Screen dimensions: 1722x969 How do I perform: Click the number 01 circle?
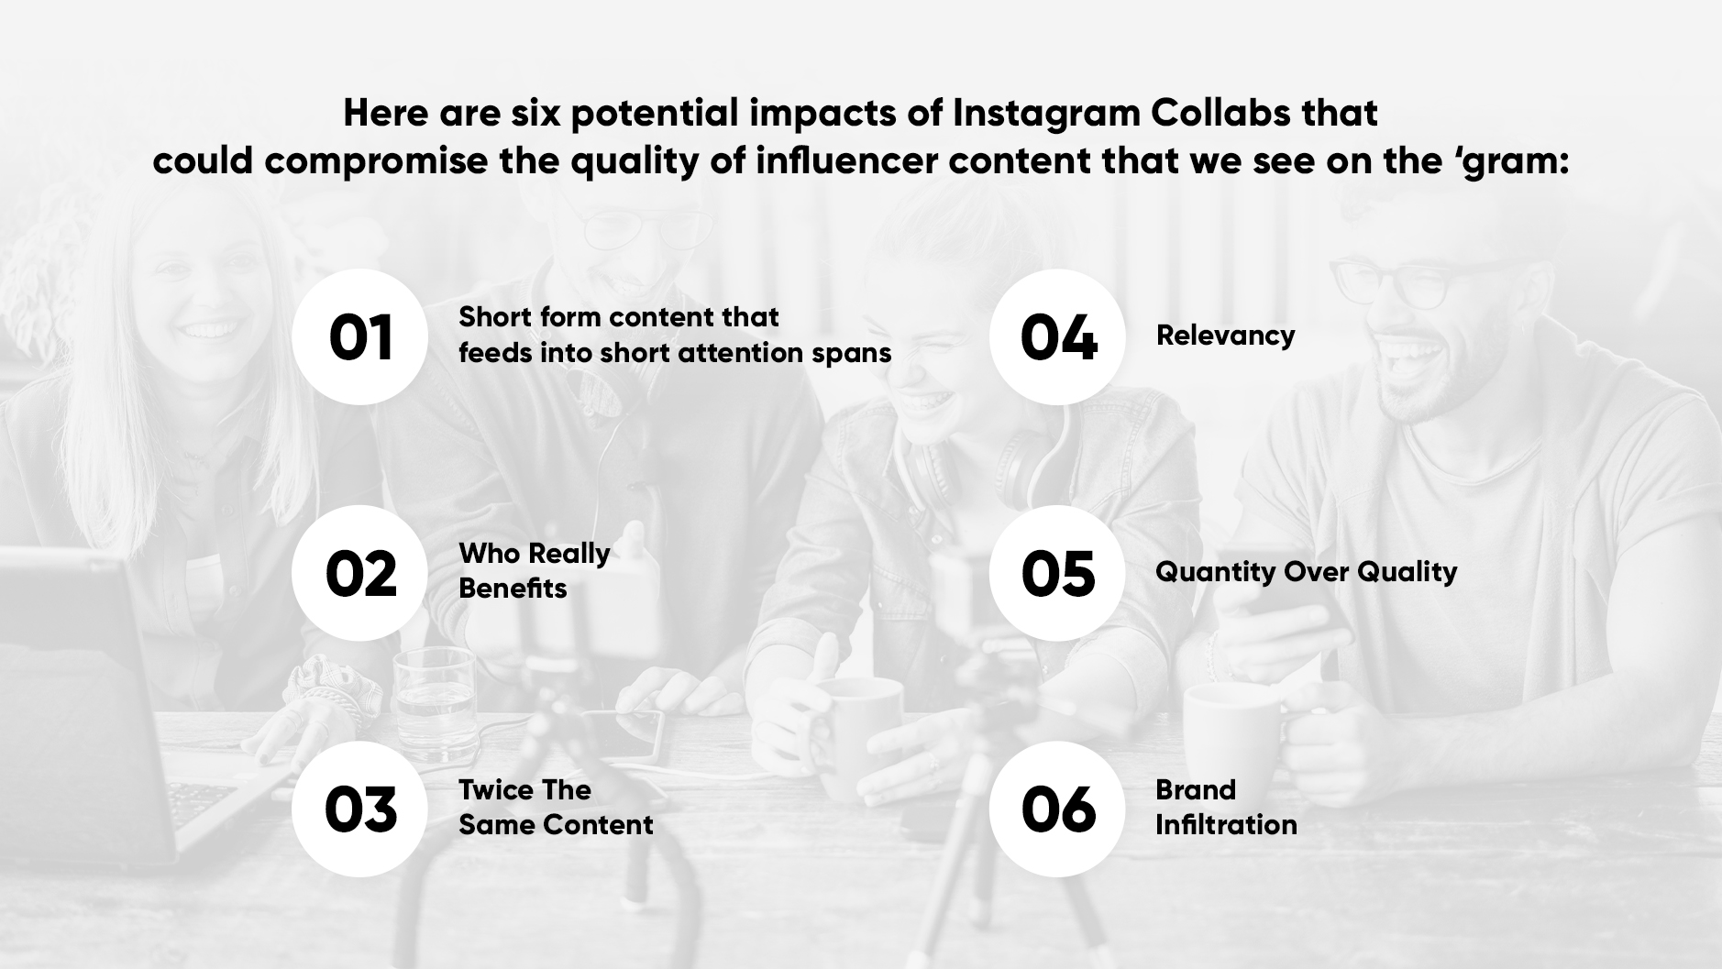coord(359,336)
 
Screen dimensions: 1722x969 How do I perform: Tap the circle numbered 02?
coord(359,573)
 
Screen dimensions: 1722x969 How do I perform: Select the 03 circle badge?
coord(359,809)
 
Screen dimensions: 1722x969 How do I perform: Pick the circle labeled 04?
coord(1057,336)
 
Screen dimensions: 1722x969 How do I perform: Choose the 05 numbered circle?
coord(1057,573)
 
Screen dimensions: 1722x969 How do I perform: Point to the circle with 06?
coord(1057,809)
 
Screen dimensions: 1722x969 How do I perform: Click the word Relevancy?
coord(1225,336)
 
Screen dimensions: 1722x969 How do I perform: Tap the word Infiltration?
coord(1226,825)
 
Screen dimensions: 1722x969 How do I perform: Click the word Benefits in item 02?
coord(513,589)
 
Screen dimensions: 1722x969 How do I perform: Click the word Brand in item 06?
coord(1196,790)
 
